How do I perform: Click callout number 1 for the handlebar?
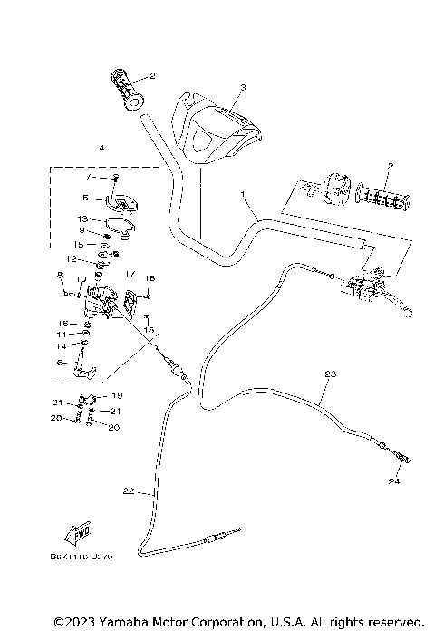(243, 194)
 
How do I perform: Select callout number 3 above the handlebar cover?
(243, 88)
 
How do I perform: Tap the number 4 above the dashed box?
(101, 147)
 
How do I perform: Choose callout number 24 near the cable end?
(395, 480)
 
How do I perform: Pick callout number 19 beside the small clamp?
(118, 396)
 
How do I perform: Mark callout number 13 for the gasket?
(82, 219)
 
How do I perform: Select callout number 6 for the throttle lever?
(61, 362)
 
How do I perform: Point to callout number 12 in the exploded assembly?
(82, 260)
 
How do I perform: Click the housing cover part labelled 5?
(117, 200)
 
